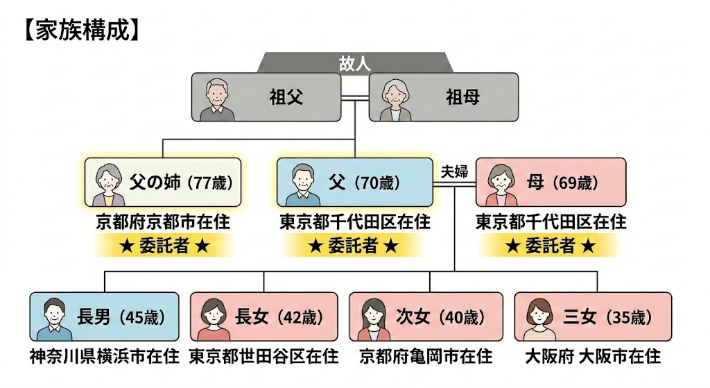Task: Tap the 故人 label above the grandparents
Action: click(354, 63)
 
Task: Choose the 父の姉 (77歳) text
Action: click(181, 183)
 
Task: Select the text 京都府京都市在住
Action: click(163, 222)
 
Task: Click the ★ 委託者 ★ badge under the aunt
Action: click(163, 245)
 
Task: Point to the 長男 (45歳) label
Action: click(121, 317)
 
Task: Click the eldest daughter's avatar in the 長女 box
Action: click(213, 318)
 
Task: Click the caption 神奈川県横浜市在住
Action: click(105, 357)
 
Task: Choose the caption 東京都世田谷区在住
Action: click(264, 357)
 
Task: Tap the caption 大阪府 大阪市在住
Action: click(592, 357)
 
